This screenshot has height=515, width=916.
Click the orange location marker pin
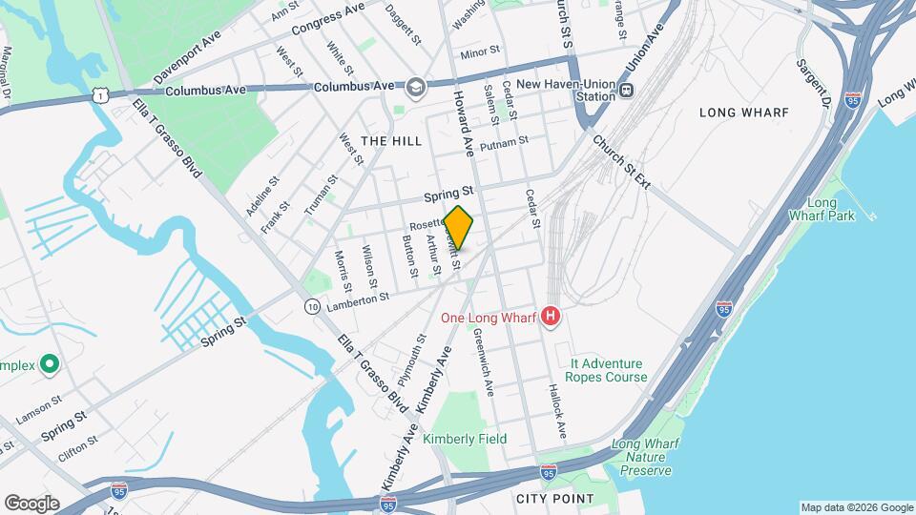click(x=459, y=228)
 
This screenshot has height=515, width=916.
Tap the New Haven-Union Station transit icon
click(x=626, y=91)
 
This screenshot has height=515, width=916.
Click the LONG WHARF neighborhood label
click(x=744, y=113)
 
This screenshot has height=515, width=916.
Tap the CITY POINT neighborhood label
click(x=554, y=499)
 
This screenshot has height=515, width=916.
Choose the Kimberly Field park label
click(x=465, y=439)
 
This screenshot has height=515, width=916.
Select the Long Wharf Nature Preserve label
click(x=641, y=457)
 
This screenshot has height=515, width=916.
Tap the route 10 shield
click(x=312, y=306)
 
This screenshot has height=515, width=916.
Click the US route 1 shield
click(x=99, y=94)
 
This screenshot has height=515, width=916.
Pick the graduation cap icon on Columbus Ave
click(x=415, y=88)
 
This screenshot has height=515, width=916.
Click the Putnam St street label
click(x=504, y=144)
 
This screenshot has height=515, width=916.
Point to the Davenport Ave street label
click(x=187, y=55)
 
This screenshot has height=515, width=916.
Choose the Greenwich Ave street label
click(x=483, y=361)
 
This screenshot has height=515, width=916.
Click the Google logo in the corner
click(x=31, y=504)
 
